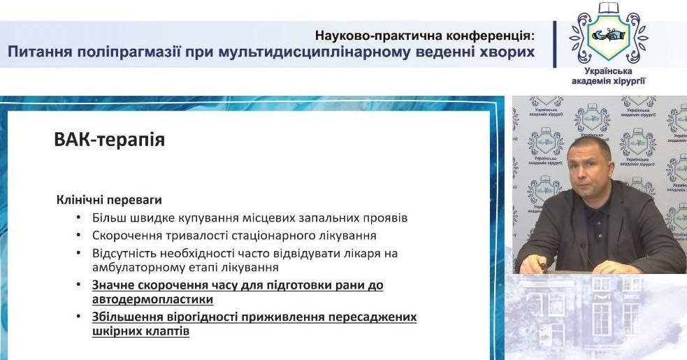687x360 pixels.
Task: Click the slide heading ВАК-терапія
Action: pos(110,140)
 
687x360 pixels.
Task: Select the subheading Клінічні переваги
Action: pos(109,200)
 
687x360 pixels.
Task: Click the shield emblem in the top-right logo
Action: pos(609,35)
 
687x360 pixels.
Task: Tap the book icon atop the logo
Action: pos(609,8)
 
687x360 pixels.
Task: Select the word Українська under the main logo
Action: pos(608,71)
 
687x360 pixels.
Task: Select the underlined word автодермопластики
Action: pos(152,299)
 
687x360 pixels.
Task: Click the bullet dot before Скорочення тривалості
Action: pos(79,236)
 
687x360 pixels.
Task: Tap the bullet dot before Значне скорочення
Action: pos(79,285)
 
